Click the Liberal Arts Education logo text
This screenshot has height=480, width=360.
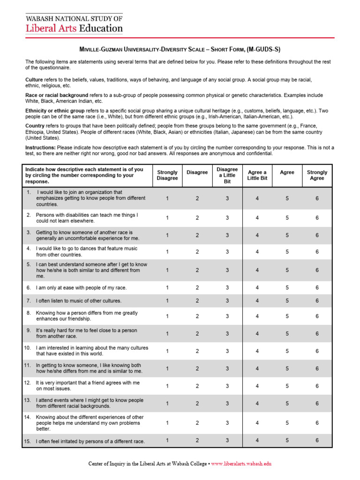(74, 28)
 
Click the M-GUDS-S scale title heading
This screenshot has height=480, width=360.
(180, 49)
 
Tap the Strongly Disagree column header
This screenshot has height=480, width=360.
(167, 175)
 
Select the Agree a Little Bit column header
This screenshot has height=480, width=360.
(257, 175)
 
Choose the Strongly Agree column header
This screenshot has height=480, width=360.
(317, 175)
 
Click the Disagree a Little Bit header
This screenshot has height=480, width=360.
(227, 175)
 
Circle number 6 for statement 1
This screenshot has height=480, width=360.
(317, 199)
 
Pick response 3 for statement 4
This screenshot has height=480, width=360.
(227, 252)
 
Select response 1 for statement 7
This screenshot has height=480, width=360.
(167, 301)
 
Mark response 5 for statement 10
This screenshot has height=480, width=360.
(287, 351)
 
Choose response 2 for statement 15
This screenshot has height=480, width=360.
(197, 440)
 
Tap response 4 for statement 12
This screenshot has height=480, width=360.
(257, 386)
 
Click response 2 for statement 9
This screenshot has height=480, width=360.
(197, 334)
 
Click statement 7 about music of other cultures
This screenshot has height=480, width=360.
(78, 301)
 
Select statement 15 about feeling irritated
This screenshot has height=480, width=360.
(90, 441)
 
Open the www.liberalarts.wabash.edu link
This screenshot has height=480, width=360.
(241, 464)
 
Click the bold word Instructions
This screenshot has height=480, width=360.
(40, 148)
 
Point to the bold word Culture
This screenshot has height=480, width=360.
(34, 80)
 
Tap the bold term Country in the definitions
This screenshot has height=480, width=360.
(35, 126)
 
